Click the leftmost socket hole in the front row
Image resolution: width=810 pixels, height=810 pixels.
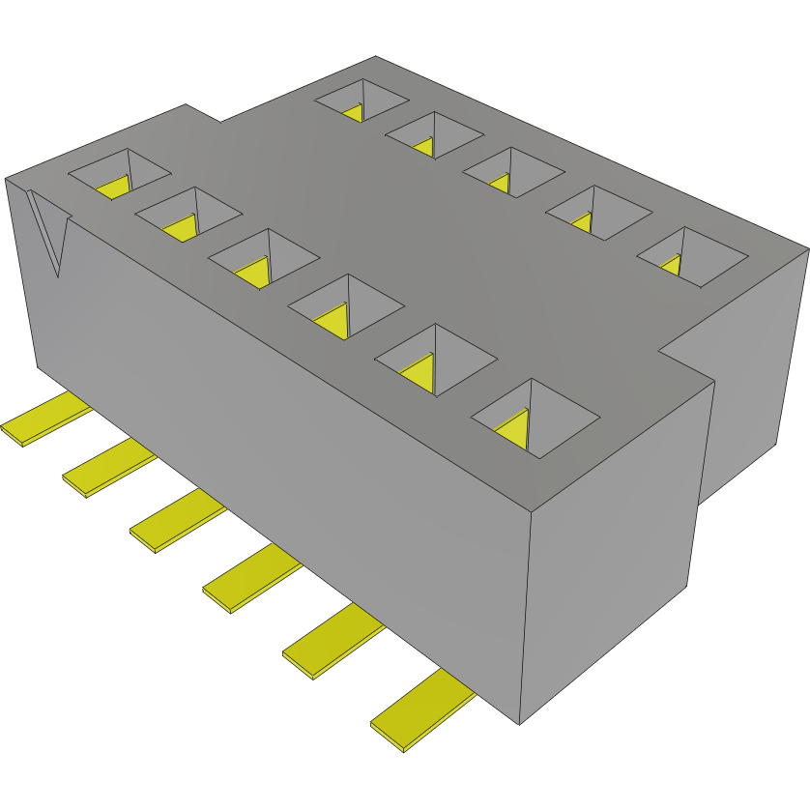[x=119, y=175]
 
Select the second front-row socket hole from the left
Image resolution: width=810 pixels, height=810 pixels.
[x=188, y=216]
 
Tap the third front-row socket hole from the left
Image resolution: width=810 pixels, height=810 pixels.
[x=263, y=259]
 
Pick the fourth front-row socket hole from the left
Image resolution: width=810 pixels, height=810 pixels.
[x=345, y=306]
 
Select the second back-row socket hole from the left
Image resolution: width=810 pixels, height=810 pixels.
[x=434, y=135]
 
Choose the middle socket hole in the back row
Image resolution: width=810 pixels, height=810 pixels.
[x=512, y=172]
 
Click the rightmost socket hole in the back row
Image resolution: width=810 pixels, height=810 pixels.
[x=691, y=257]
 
